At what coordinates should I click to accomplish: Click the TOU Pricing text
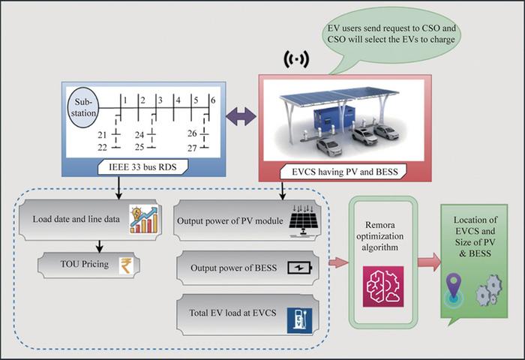pos(84,263)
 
